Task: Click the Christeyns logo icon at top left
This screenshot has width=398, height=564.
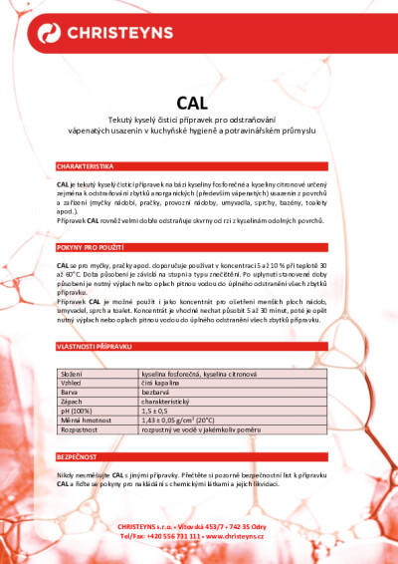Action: [x=50, y=34]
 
